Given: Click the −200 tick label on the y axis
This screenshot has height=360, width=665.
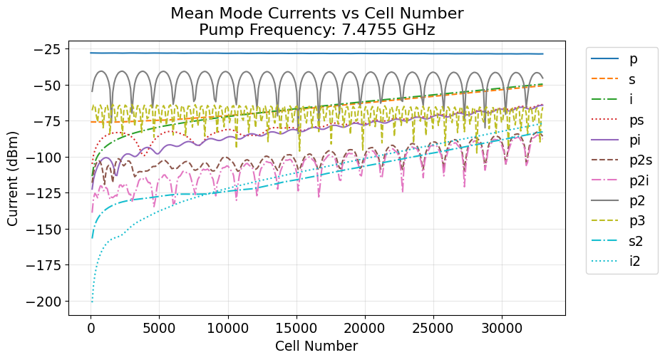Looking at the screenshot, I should point(44,302).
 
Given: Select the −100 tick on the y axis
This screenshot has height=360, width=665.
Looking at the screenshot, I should point(44,158).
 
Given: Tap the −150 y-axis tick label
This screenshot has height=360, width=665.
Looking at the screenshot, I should point(44,230).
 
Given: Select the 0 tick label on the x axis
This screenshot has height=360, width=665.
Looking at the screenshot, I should point(91,328).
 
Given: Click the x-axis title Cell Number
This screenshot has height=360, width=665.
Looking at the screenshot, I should point(316,346).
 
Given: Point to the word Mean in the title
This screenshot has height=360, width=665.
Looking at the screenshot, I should point(190,13).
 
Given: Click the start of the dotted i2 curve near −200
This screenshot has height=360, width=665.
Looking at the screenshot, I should point(92,302).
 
